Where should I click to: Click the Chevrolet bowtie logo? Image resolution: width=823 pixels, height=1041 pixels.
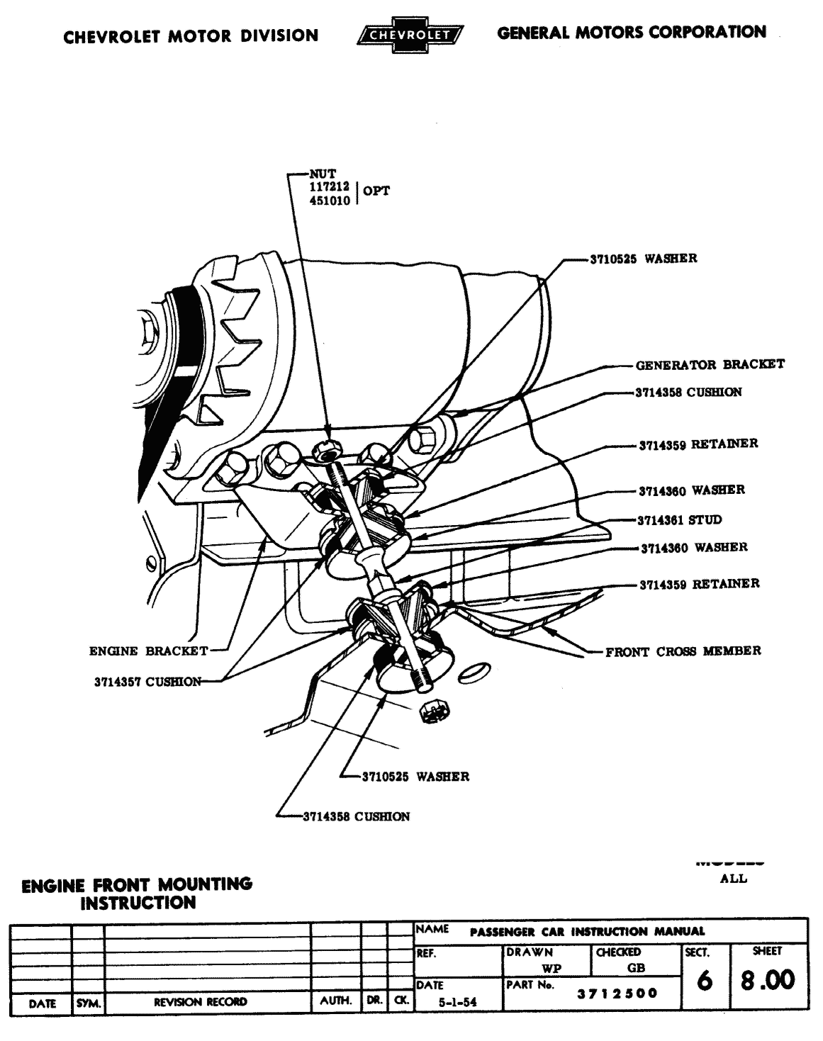click(411, 34)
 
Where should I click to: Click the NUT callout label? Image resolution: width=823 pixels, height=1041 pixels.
click(323, 173)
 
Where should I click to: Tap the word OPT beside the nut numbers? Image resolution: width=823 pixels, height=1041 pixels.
click(376, 191)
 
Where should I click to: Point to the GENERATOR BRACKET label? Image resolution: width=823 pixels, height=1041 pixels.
click(710, 365)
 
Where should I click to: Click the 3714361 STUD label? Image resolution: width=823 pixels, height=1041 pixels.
click(679, 520)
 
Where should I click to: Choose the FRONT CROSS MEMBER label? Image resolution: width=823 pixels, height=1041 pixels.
click(683, 651)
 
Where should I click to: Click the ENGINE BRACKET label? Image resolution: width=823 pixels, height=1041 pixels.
click(148, 651)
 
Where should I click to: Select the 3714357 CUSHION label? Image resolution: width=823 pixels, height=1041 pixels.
click(146, 682)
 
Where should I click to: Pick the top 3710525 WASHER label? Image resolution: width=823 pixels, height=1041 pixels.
click(643, 259)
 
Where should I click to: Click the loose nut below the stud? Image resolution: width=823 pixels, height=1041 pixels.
click(430, 712)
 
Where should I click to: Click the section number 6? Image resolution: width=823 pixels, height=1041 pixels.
click(704, 981)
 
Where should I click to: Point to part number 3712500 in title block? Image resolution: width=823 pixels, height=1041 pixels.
click(617, 994)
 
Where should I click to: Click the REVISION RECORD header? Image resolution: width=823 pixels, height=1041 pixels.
click(201, 1002)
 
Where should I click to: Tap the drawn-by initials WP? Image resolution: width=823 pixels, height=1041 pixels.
click(551, 969)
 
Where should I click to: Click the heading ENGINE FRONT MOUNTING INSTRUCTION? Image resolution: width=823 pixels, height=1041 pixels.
click(138, 893)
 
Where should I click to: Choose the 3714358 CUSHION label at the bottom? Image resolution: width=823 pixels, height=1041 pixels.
click(356, 816)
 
